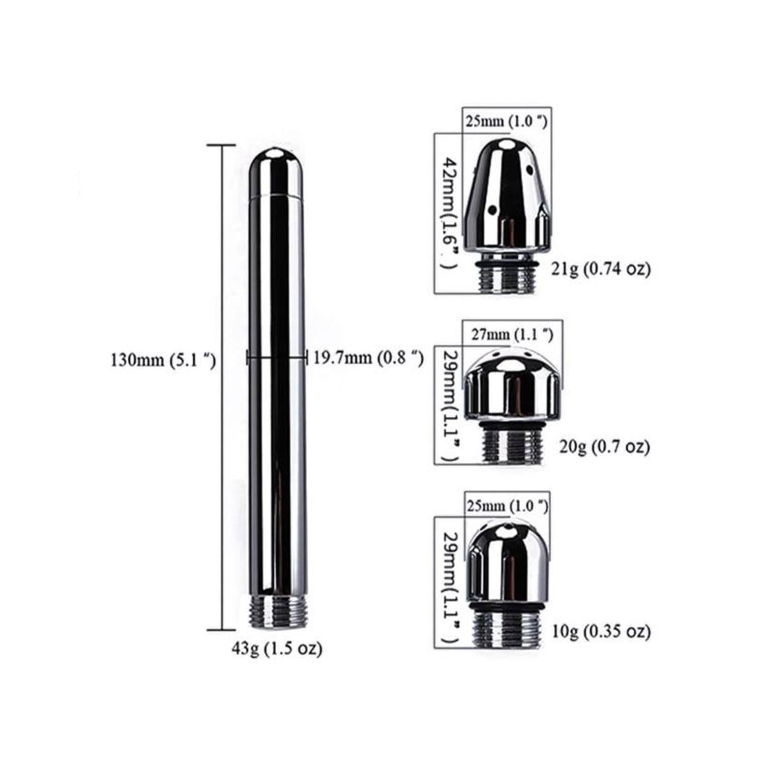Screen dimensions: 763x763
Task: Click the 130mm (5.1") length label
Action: (x=163, y=360)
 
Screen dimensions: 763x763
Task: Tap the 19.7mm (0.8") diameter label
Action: (x=368, y=358)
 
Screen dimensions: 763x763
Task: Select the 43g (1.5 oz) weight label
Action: (x=277, y=649)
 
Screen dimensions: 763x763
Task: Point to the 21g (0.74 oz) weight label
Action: (x=601, y=269)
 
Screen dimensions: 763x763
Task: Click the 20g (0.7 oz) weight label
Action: (x=604, y=447)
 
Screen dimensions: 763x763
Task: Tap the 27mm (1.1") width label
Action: (x=512, y=334)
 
